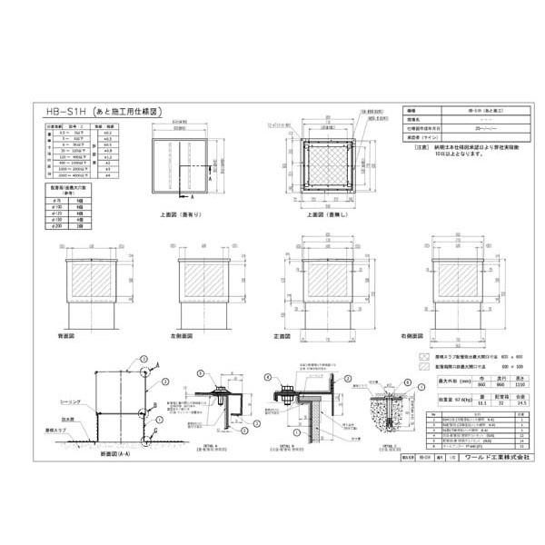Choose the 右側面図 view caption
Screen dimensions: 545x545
tap(445, 335)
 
